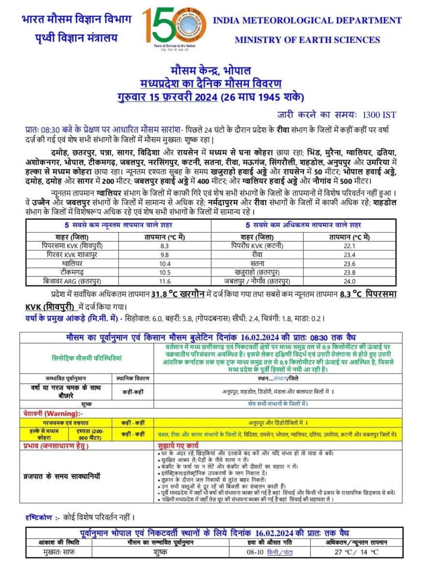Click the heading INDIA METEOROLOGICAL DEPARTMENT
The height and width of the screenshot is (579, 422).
(x=307, y=20)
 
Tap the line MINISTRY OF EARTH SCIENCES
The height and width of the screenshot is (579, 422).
(x=307, y=40)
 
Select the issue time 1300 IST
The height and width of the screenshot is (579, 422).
(x=379, y=115)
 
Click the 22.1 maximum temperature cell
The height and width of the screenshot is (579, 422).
(x=349, y=246)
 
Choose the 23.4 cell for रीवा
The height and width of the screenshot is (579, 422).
(x=349, y=255)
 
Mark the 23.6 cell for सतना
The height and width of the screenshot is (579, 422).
(x=349, y=263)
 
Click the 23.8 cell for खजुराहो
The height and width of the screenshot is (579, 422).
(x=349, y=272)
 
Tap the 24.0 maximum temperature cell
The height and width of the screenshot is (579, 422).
(x=349, y=281)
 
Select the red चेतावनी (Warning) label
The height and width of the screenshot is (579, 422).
(x=53, y=414)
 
